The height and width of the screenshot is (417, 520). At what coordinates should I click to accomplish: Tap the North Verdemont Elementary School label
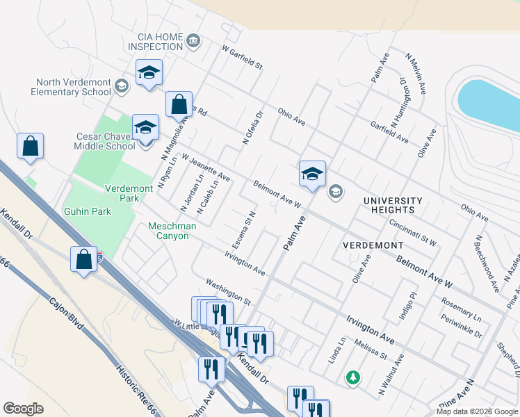pyautogui.click(x=71, y=87)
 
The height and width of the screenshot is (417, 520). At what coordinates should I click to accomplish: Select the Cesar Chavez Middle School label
pyautogui.click(x=105, y=141)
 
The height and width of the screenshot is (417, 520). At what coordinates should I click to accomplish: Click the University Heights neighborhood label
pyautogui.click(x=393, y=204)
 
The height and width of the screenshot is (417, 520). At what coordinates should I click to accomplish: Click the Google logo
pyautogui.click(x=23, y=408)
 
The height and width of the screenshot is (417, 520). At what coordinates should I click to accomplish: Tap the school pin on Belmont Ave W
pyautogui.click(x=312, y=174)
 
